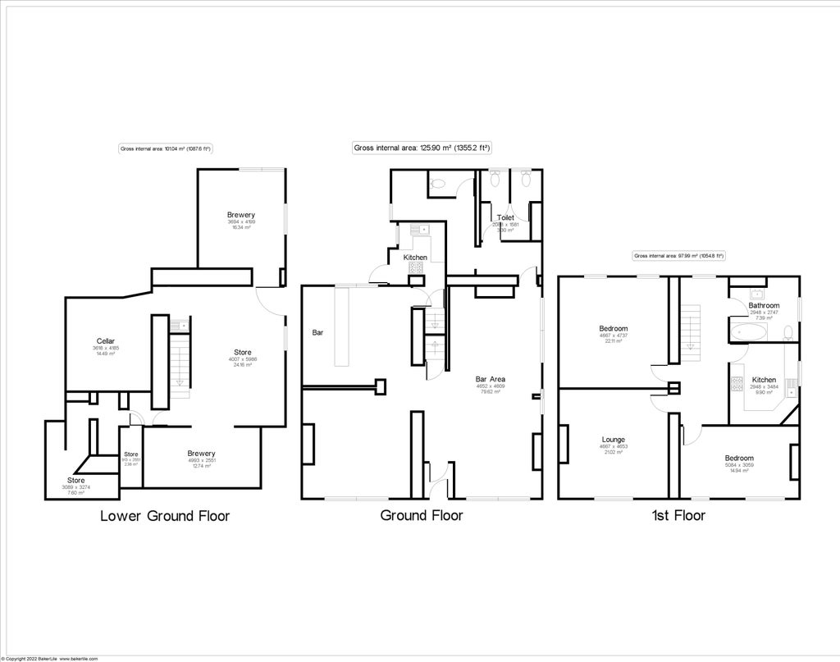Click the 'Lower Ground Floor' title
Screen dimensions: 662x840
tap(164, 516)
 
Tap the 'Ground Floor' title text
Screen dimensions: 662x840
tap(421, 515)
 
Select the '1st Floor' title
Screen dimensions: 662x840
tap(678, 515)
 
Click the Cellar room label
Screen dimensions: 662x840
tap(105, 341)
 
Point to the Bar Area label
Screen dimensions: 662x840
tap(491, 379)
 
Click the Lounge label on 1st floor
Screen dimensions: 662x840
tap(614, 440)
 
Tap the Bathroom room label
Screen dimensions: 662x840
tap(764, 306)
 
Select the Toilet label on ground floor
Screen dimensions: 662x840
tap(505, 217)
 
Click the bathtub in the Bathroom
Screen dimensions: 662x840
tap(749, 332)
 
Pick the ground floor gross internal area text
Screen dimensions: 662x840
tap(422, 148)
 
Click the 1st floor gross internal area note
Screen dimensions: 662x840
tap(678, 256)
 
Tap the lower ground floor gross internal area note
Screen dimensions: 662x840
tap(165, 149)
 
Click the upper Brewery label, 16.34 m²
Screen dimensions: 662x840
tap(241, 215)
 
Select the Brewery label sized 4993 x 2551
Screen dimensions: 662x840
tap(201, 454)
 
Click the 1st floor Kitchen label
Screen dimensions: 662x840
tap(764, 380)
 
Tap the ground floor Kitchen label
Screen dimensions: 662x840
tap(415, 258)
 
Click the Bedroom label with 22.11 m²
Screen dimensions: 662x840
tap(614, 329)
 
